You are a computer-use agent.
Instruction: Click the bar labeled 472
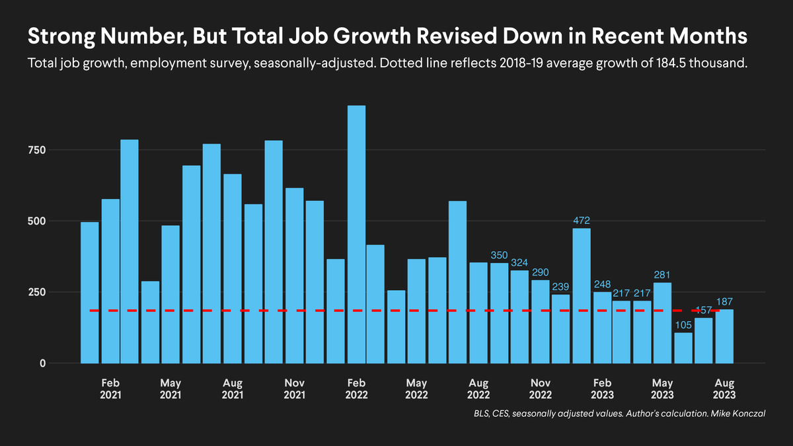click(x=582, y=295)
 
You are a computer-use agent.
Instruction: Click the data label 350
click(x=500, y=255)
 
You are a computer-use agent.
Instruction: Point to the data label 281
click(x=663, y=274)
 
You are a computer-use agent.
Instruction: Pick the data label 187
click(x=725, y=301)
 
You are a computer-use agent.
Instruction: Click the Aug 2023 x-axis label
click(x=724, y=389)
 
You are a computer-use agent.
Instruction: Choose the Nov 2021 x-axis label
click(x=294, y=389)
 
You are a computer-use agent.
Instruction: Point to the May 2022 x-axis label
click(x=417, y=389)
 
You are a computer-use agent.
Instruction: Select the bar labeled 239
click(x=560, y=328)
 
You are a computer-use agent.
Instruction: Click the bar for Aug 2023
click(x=724, y=336)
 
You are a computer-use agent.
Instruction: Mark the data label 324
click(x=520, y=262)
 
